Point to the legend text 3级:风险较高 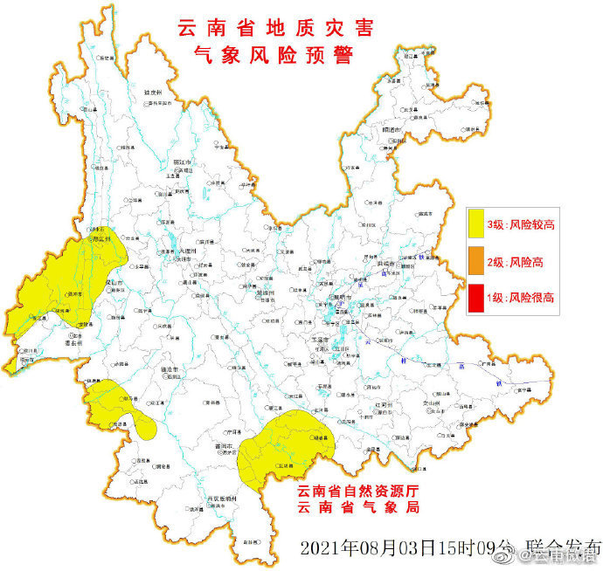pos(522,225)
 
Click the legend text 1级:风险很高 pos(522,298)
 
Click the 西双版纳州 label pos(222,499)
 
